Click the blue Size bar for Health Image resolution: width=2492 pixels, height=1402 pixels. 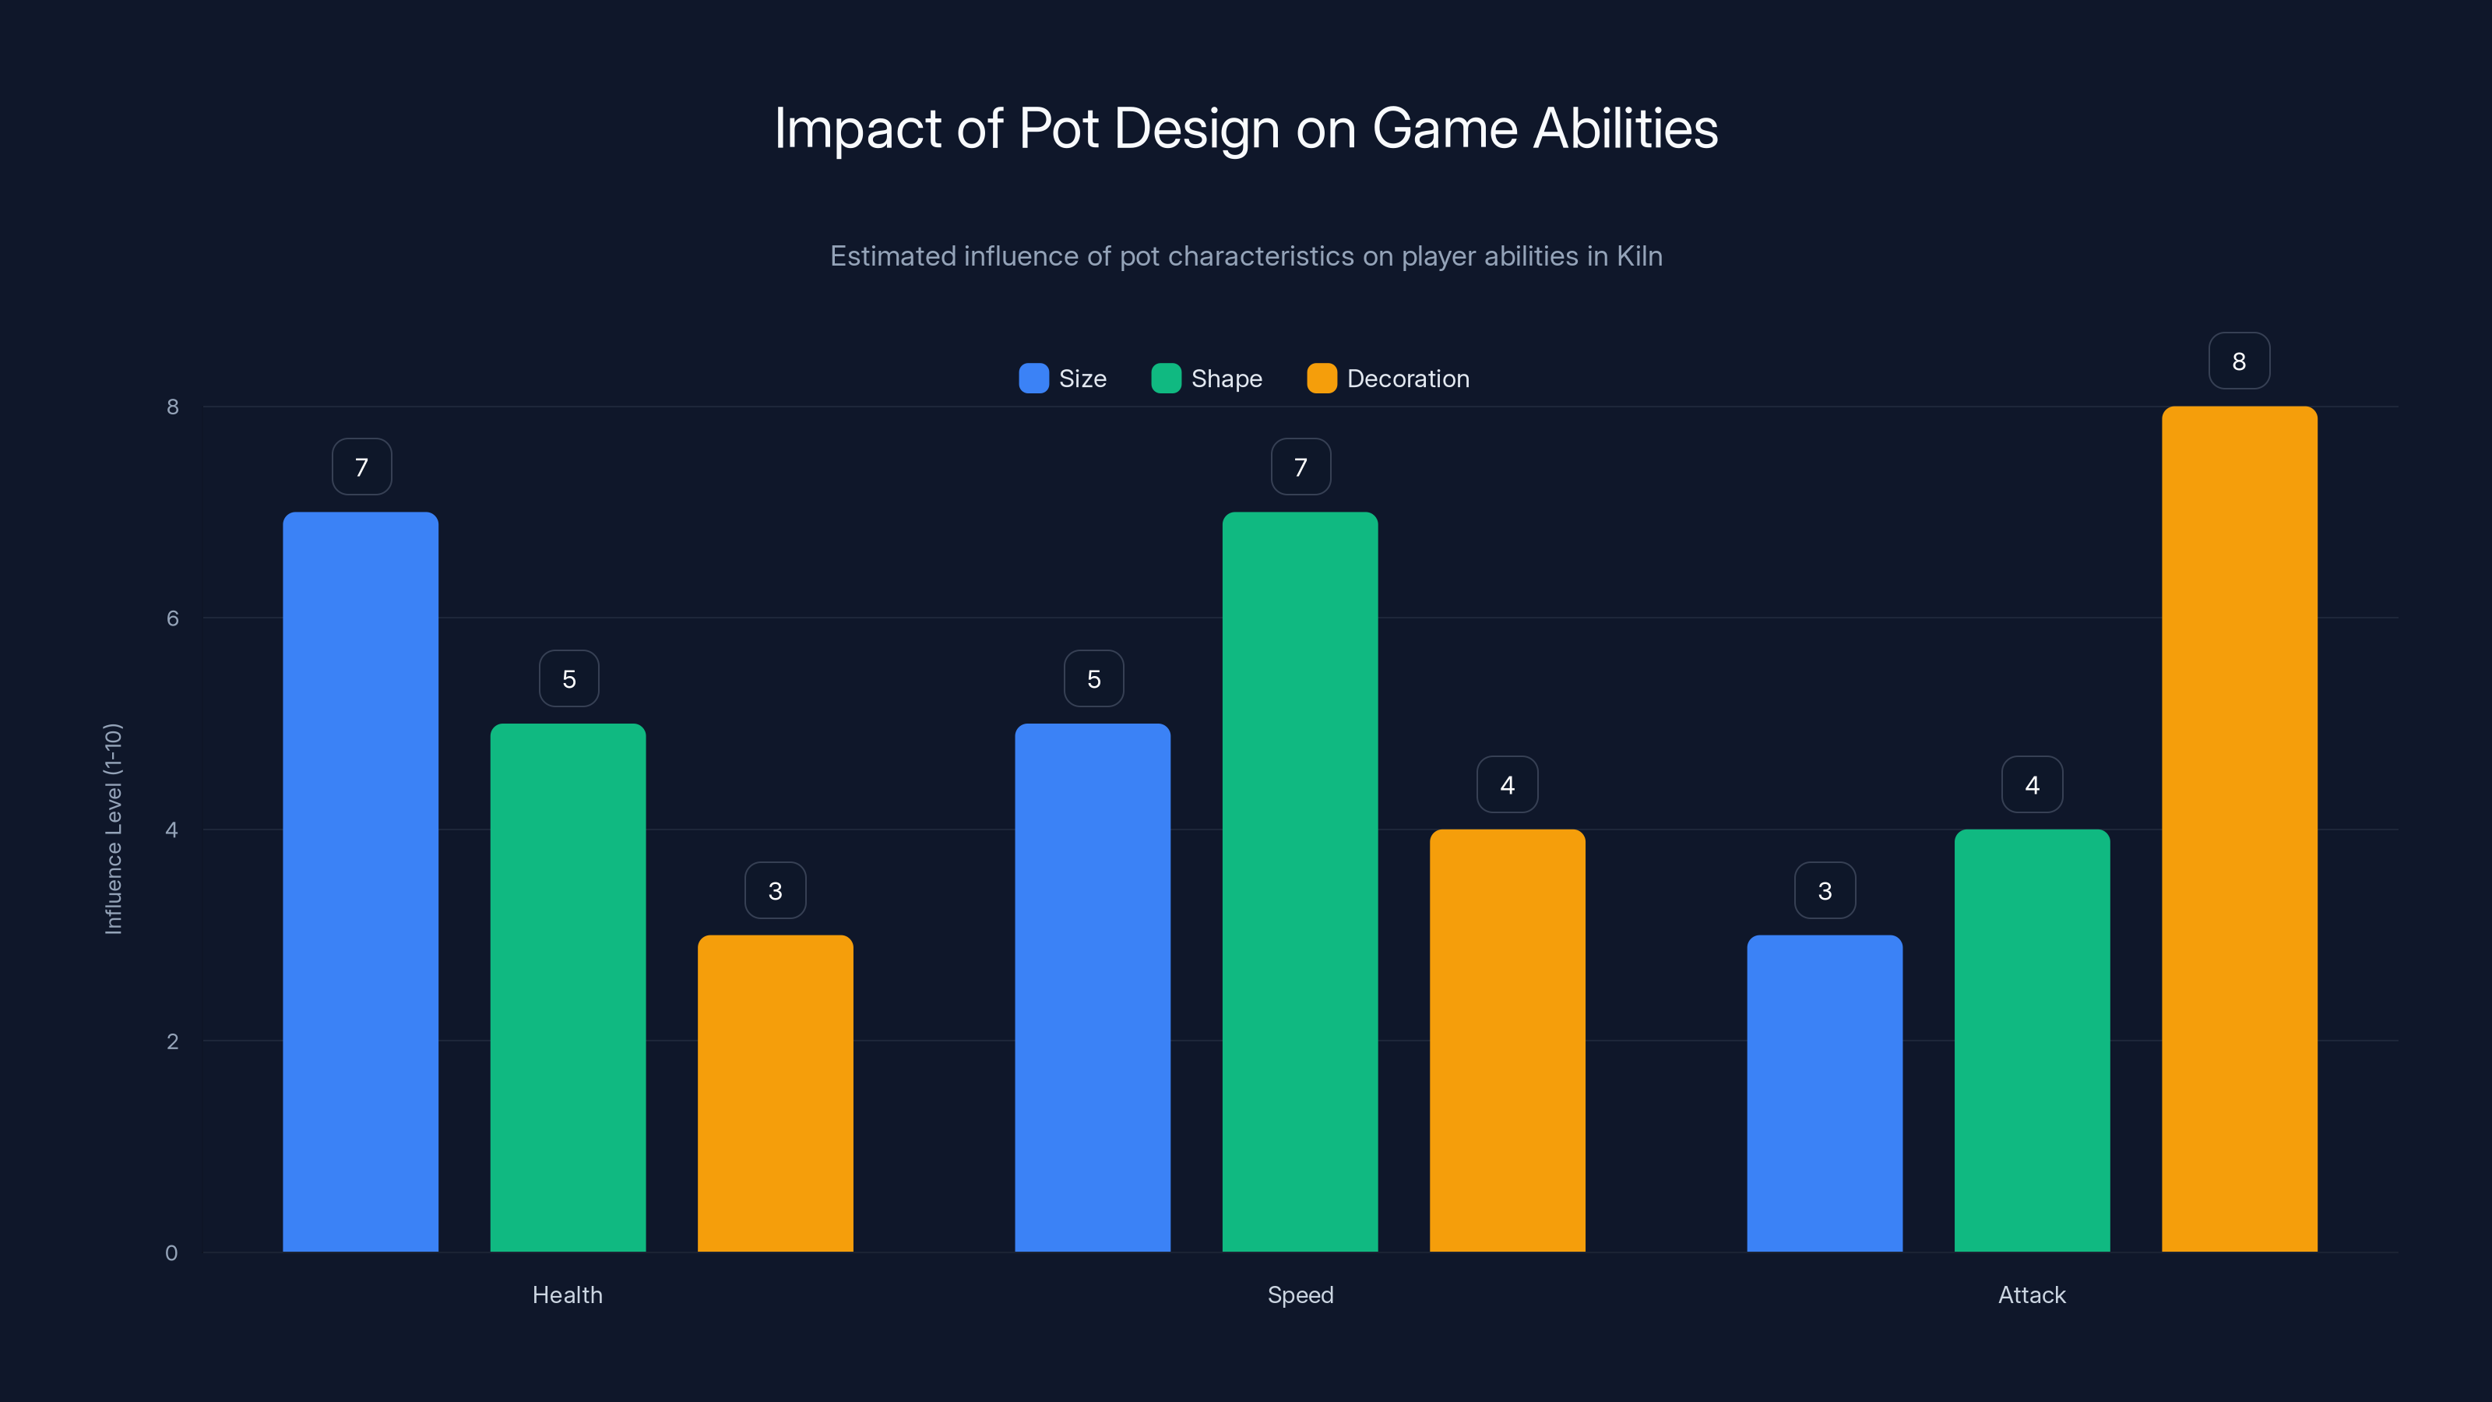[360, 880]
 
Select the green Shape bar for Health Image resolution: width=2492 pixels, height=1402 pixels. [568, 987]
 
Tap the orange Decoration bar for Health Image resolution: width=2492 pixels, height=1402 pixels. [775, 1094]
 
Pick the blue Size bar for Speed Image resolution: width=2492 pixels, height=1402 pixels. [1092, 987]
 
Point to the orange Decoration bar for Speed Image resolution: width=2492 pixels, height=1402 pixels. [1507, 1040]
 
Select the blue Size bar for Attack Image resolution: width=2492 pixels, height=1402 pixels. [1825, 1094]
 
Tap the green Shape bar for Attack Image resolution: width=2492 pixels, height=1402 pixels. [2032, 1040]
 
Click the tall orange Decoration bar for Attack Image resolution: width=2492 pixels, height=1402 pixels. [2239, 828]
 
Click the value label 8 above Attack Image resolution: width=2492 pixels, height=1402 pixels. [2239, 361]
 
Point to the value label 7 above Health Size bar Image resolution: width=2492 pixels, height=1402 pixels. [361, 467]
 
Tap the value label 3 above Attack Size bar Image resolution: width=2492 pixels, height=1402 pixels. [1825, 890]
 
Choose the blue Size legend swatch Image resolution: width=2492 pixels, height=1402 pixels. [1033, 379]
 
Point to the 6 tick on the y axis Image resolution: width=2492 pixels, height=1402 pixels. [172, 618]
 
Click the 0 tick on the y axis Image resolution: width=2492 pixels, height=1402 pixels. [171, 1253]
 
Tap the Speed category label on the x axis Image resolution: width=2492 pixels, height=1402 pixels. [1301, 1295]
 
